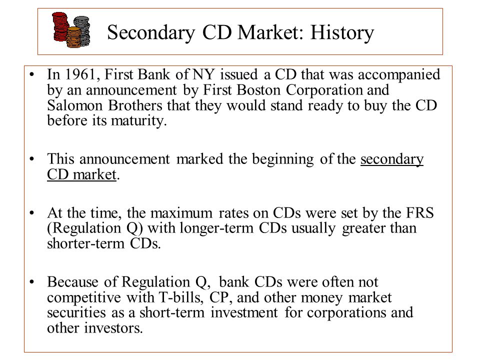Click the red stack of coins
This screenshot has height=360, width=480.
(60, 27)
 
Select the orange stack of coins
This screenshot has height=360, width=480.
(74, 37)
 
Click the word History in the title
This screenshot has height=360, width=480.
(342, 32)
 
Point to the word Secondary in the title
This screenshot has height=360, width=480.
(151, 32)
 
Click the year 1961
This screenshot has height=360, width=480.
(81, 74)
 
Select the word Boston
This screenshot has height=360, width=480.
(258, 90)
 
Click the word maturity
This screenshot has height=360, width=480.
(138, 120)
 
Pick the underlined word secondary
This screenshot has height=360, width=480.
(392, 159)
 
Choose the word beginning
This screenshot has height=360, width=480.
(283, 159)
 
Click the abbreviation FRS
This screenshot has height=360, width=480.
(420, 213)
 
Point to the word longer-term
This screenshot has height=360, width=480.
(216, 228)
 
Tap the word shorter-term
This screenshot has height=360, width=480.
(85, 243)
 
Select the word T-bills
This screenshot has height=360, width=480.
(181, 297)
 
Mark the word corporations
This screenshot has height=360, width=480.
(346, 313)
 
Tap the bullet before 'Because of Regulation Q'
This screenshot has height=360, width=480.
(32, 282)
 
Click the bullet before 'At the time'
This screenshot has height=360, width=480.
(32, 213)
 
